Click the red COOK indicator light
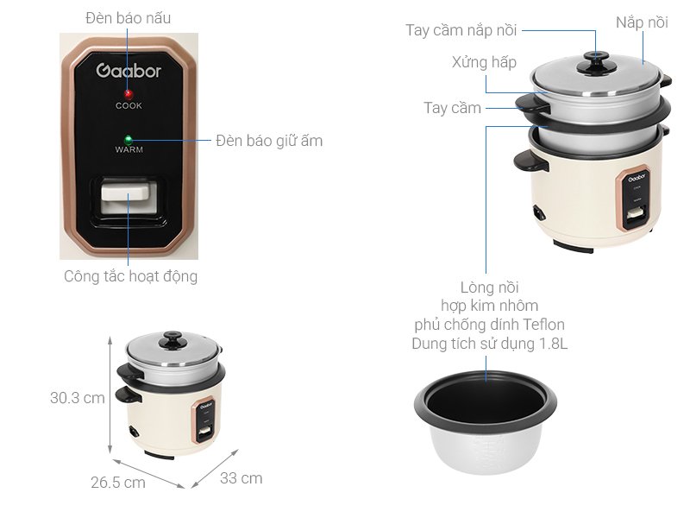[129, 93]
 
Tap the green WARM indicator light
[129, 138]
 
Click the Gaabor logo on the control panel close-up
[129, 71]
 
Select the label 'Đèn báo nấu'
[129, 18]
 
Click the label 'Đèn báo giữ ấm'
[269, 140]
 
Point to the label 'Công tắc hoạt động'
[130, 277]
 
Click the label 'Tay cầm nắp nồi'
[461, 31]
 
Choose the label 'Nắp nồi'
[642, 23]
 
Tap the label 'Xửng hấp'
[484, 62]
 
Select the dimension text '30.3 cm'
[77, 398]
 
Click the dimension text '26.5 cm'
[118, 483]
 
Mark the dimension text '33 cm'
[241, 478]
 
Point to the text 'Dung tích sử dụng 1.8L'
[489, 344]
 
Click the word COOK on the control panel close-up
[129, 106]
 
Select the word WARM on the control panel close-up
[129, 150]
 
